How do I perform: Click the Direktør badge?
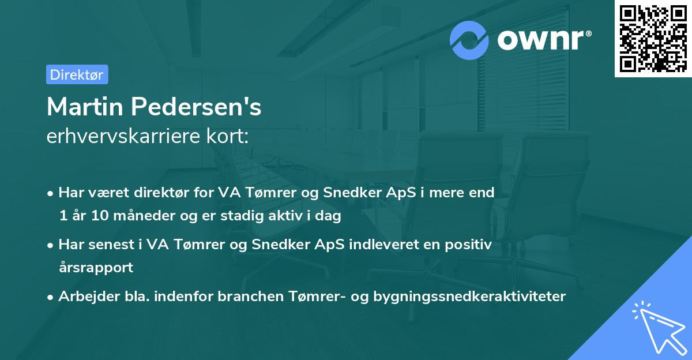(x=77, y=74)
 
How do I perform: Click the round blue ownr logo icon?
(x=469, y=40)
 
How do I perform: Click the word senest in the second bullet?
(x=106, y=245)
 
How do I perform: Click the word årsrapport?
(x=96, y=268)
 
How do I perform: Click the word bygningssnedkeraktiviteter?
(x=469, y=297)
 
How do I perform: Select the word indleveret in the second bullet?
(x=380, y=245)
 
